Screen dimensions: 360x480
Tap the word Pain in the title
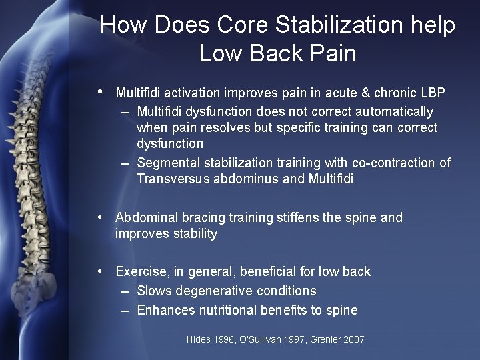pos(332,53)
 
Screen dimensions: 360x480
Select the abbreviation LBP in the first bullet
pos(433,92)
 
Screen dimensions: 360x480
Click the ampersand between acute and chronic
pos(363,92)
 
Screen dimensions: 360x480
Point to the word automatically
pos(389,111)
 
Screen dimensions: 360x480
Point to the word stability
pos(193,233)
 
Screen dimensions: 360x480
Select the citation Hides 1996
pos(210,340)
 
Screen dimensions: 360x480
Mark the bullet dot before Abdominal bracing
pos(99,217)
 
